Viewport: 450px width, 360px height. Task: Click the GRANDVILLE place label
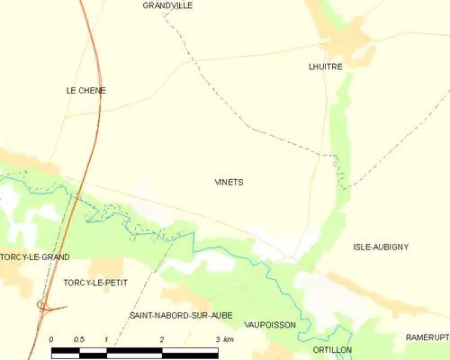(x=167, y=5)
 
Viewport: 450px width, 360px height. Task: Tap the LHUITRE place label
(x=325, y=67)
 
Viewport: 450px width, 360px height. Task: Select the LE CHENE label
(x=85, y=91)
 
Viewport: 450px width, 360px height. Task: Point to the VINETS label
(x=229, y=182)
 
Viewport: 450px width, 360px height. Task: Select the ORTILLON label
(x=332, y=349)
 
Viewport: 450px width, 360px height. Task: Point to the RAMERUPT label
(x=427, y=337)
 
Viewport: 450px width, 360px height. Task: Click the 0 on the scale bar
(x=51, y=339)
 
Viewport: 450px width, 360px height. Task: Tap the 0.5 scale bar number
(x=79, y=339)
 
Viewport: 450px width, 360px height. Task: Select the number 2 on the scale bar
(x=161, y=339)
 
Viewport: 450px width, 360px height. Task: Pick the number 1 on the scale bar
(x=106, y=339)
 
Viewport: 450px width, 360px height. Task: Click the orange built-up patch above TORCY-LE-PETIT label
(x=105, y=265)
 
